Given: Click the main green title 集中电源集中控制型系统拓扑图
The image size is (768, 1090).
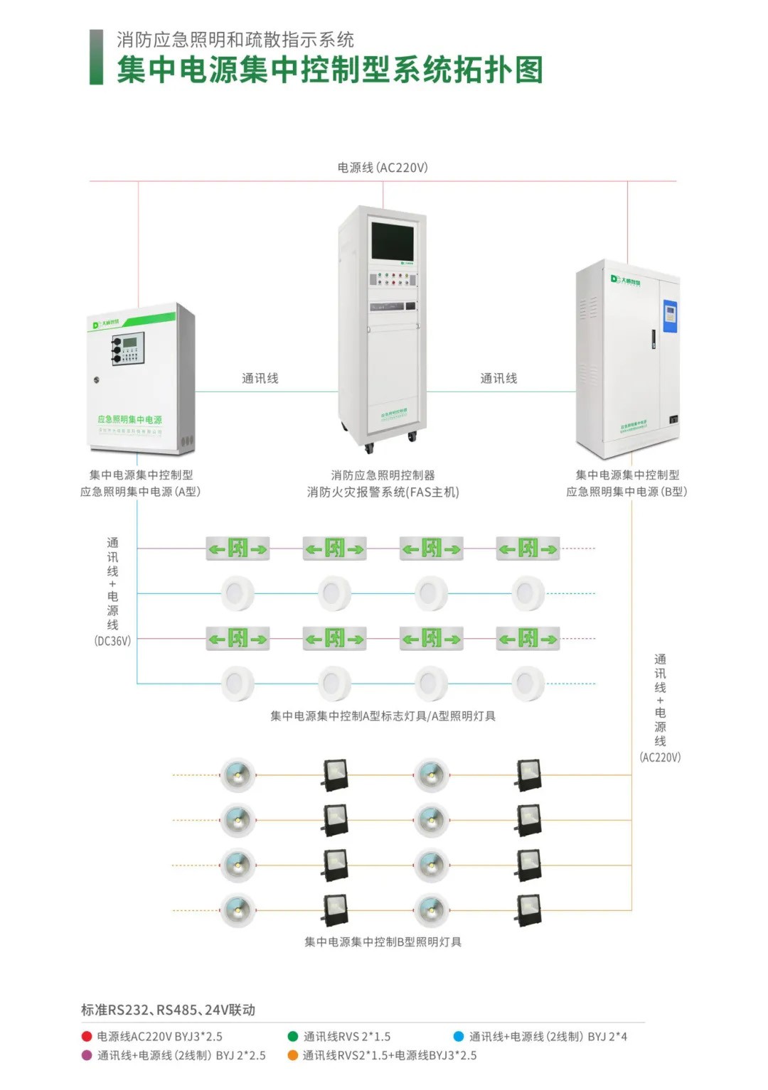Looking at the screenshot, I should point(329,70).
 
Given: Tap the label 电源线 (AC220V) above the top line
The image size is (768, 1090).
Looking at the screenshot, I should point(383,168).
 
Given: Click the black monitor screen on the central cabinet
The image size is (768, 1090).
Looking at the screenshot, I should point(392,240).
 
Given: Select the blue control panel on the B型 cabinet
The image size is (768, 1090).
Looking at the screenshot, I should point(669,316).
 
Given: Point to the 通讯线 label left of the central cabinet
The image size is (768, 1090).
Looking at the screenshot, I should point(260,378).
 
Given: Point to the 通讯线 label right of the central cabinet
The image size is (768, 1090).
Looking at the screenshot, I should point(498,378).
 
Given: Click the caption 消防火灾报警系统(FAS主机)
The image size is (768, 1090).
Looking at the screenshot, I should point(383,492).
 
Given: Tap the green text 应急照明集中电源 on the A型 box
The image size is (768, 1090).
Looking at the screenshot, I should point(130,419).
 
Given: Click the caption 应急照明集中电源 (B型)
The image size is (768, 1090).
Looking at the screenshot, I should point(626,492).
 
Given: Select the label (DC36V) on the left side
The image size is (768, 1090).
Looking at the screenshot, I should point(112,641).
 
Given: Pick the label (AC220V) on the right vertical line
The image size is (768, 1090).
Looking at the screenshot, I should point(660,757).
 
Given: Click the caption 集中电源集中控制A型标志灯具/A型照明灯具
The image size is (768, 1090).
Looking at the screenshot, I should point(383,716).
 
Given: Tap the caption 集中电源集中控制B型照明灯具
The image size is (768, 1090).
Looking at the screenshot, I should point(383,942).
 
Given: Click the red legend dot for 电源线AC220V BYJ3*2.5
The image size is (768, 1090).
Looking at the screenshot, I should point(87,1037).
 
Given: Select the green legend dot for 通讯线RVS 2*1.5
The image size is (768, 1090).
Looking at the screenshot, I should point(292,1037).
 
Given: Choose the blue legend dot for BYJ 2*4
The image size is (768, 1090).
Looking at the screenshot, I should point(459,1037).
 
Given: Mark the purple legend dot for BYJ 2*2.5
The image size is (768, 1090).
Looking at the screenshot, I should point(87,1056).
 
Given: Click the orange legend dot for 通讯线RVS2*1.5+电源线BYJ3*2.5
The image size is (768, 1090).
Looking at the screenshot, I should point(292,1056).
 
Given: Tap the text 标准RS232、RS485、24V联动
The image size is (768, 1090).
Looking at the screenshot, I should point(168,1010).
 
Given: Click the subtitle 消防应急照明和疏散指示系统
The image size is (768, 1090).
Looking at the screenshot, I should point(235,40).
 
